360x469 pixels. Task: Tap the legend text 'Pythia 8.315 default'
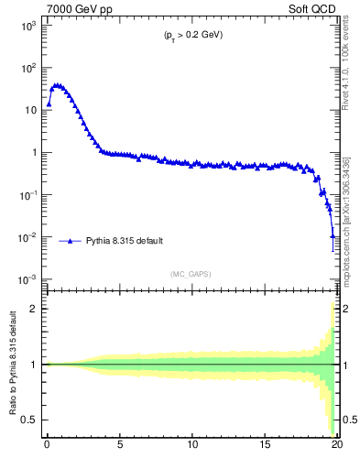pos(125,241)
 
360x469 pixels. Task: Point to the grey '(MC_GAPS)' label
pos(191,274)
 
